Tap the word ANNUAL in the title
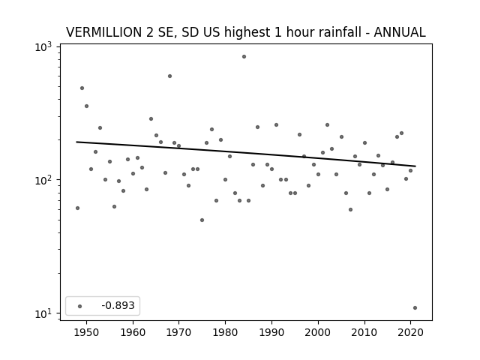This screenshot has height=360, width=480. pos(400,32)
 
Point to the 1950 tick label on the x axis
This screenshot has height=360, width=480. pos(87,332)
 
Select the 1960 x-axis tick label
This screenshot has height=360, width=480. pos(133,332)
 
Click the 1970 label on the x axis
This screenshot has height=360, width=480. pos(179,332)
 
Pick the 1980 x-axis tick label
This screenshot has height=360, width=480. pos(225,332)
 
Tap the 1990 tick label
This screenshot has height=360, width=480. pos(271,332)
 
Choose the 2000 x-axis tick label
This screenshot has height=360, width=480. pos(318,332)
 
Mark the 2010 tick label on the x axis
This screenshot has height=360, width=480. pos(364,332)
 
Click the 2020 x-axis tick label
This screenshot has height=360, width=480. pos(410,332)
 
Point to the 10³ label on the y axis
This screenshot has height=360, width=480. pos(43,46)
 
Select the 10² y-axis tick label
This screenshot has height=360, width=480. pos(43,180)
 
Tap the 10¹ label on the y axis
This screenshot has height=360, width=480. pos(43,313)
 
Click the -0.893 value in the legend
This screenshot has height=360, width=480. pos(118,305)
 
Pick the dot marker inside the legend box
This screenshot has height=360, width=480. pos(80,306)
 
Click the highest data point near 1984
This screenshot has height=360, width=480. pos(244,57)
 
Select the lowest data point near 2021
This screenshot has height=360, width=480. pos(415,308)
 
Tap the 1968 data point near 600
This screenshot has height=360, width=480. pos(170,76)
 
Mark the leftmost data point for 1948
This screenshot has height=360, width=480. pos(77,208)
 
